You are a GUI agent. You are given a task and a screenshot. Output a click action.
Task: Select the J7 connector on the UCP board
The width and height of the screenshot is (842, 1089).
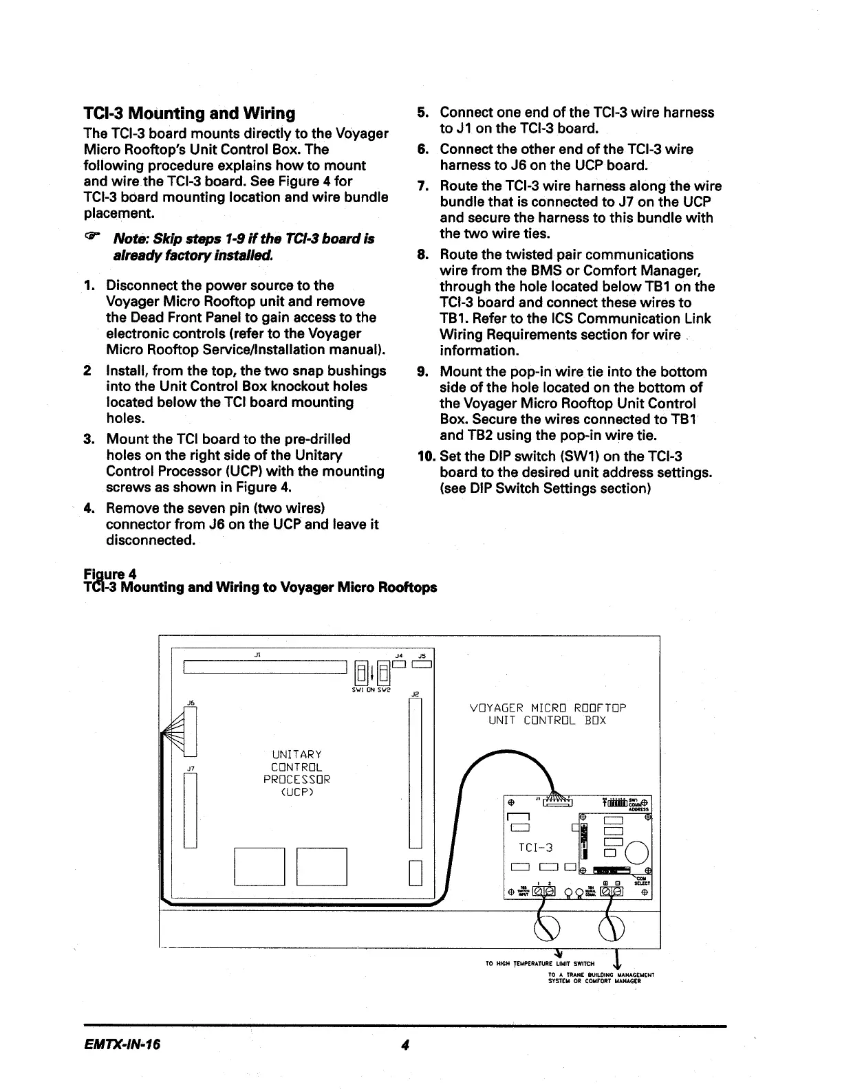[190, 810]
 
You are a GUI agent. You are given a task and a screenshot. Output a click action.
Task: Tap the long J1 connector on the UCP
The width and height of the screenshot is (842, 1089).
[265, 668]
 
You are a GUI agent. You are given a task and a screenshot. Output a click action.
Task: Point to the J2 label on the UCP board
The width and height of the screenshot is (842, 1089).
[415, 694]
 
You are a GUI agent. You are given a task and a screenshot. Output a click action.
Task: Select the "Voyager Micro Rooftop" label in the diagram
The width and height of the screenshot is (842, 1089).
[548, 708]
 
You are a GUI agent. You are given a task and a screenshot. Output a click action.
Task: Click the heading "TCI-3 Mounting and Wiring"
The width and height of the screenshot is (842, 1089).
[188, 113]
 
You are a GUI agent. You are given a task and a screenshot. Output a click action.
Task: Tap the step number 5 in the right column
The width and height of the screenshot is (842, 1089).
[424, 113]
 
